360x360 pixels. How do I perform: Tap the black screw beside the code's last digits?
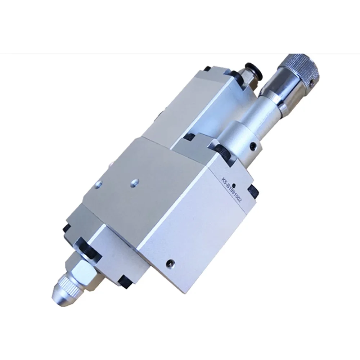(254, 190)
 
